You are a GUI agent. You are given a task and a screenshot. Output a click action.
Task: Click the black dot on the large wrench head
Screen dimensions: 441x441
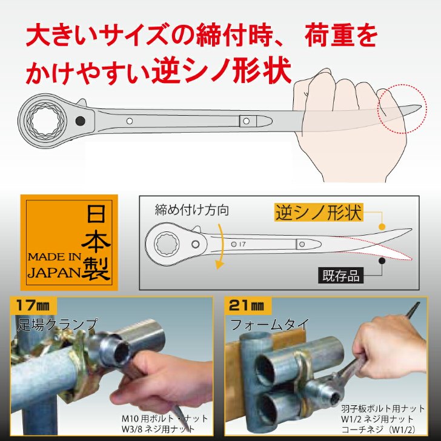[x=81, y=121]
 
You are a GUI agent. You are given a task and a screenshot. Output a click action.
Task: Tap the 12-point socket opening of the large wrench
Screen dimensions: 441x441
[x=45, y=121]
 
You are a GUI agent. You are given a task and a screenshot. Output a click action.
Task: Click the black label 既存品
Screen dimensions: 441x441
[x=340, y=276]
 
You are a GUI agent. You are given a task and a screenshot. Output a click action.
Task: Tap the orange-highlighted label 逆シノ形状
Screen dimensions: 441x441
[x=319, y=213]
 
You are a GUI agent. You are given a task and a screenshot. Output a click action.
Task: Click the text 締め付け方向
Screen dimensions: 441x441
[x=191, y=210]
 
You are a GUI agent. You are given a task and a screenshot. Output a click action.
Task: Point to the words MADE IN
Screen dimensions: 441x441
[x=55, y=257]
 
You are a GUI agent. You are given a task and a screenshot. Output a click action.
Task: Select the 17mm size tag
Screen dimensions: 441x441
[x=33, y=305]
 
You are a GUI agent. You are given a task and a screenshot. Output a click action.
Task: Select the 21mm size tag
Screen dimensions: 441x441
[x=247, y=305]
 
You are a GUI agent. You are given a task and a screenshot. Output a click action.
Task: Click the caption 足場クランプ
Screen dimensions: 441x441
[x=58, y=325]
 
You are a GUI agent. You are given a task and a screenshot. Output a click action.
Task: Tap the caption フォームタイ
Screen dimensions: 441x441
[x=270, y=325]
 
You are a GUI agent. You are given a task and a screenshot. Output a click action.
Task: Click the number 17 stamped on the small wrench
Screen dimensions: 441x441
[x=242, y=244]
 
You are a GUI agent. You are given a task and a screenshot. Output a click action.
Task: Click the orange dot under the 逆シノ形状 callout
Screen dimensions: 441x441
[x=382, y=227]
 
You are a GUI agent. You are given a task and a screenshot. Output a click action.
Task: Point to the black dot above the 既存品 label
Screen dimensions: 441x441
[x=382, y=260]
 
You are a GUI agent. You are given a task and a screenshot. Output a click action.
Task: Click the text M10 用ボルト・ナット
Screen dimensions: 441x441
[x=165, y=419]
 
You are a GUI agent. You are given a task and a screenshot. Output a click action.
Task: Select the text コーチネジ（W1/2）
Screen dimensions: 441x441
[x=378, y=429]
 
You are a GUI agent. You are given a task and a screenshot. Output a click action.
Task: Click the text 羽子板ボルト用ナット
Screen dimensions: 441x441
[x=382, y=408]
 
